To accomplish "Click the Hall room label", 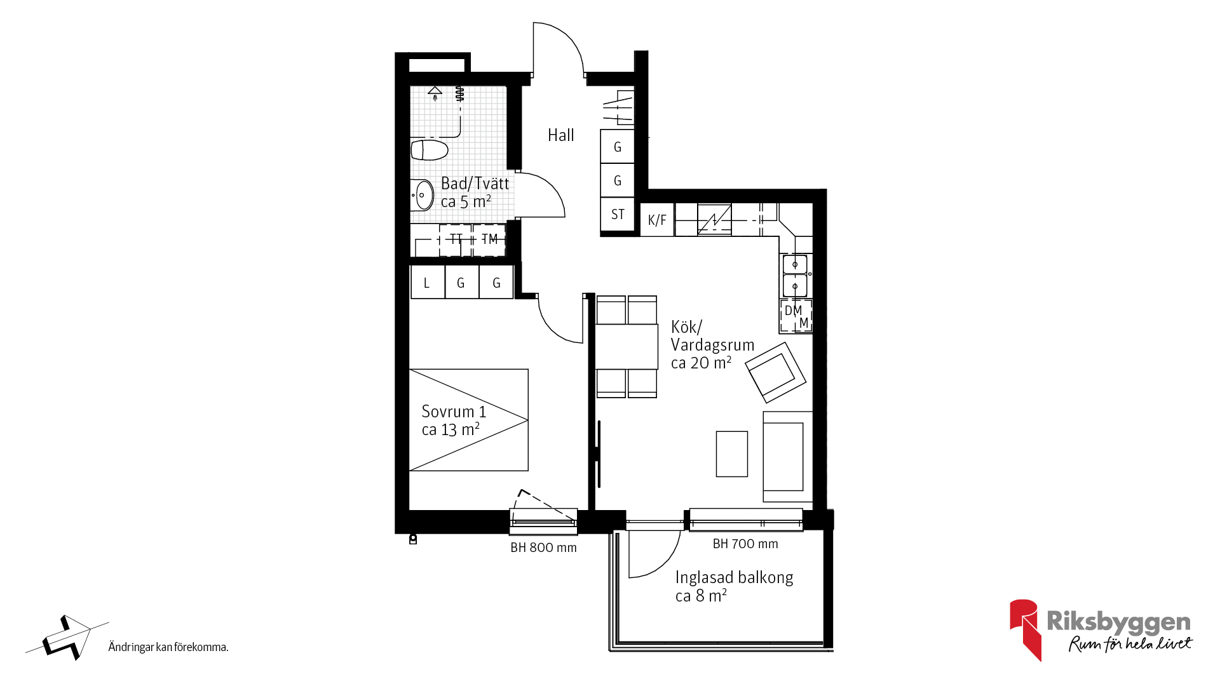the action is (x=560, y=135).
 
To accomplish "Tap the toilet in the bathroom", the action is (x=430, y=150).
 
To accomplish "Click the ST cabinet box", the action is (x=618, y=215).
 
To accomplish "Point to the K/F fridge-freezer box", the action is (x=657, y=220).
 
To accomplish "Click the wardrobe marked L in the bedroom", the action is (x=428, y=283).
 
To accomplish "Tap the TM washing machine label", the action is (x=489, y=239).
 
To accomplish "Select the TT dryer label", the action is (x=456, y=239).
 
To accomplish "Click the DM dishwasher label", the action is (x=793, y=311).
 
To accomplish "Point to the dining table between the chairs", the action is (x=627, y=347).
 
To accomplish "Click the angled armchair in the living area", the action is (x=776, y=372).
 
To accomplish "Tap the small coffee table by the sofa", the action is (x=732, y=454).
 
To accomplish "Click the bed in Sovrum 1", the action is (x=469, y=420).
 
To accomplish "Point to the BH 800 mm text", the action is (x=543, y=548).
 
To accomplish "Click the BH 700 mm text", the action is (x=745, y=544).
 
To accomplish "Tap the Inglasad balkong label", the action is (x=734, y=577).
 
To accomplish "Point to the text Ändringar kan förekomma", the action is (x=168, y=647).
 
